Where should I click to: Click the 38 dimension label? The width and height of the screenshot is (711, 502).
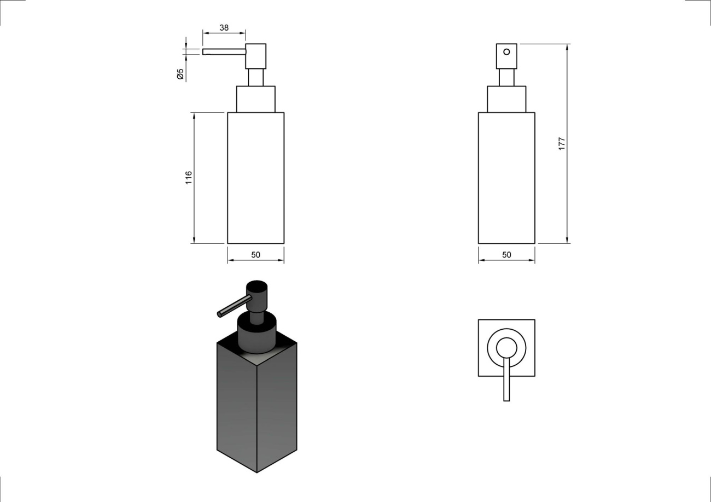[x=224, y=28]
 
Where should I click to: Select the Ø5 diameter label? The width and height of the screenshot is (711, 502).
[x=180, y=74]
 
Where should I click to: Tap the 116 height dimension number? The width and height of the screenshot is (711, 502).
[x=189, y=178]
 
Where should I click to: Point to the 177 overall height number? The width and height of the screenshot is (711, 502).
[x=562, y=144]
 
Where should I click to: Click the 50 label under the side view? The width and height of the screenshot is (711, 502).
[x=255, y=255]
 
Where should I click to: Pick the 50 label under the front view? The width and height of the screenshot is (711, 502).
[x=506, y=255]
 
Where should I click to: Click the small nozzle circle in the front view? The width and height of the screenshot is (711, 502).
[x=506, y=52]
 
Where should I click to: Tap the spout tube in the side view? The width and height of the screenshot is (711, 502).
[x=224, y=52]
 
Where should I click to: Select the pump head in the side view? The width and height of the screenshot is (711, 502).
[x=255, y=56]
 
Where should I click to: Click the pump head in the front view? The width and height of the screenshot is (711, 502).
[x=506, y=56]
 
